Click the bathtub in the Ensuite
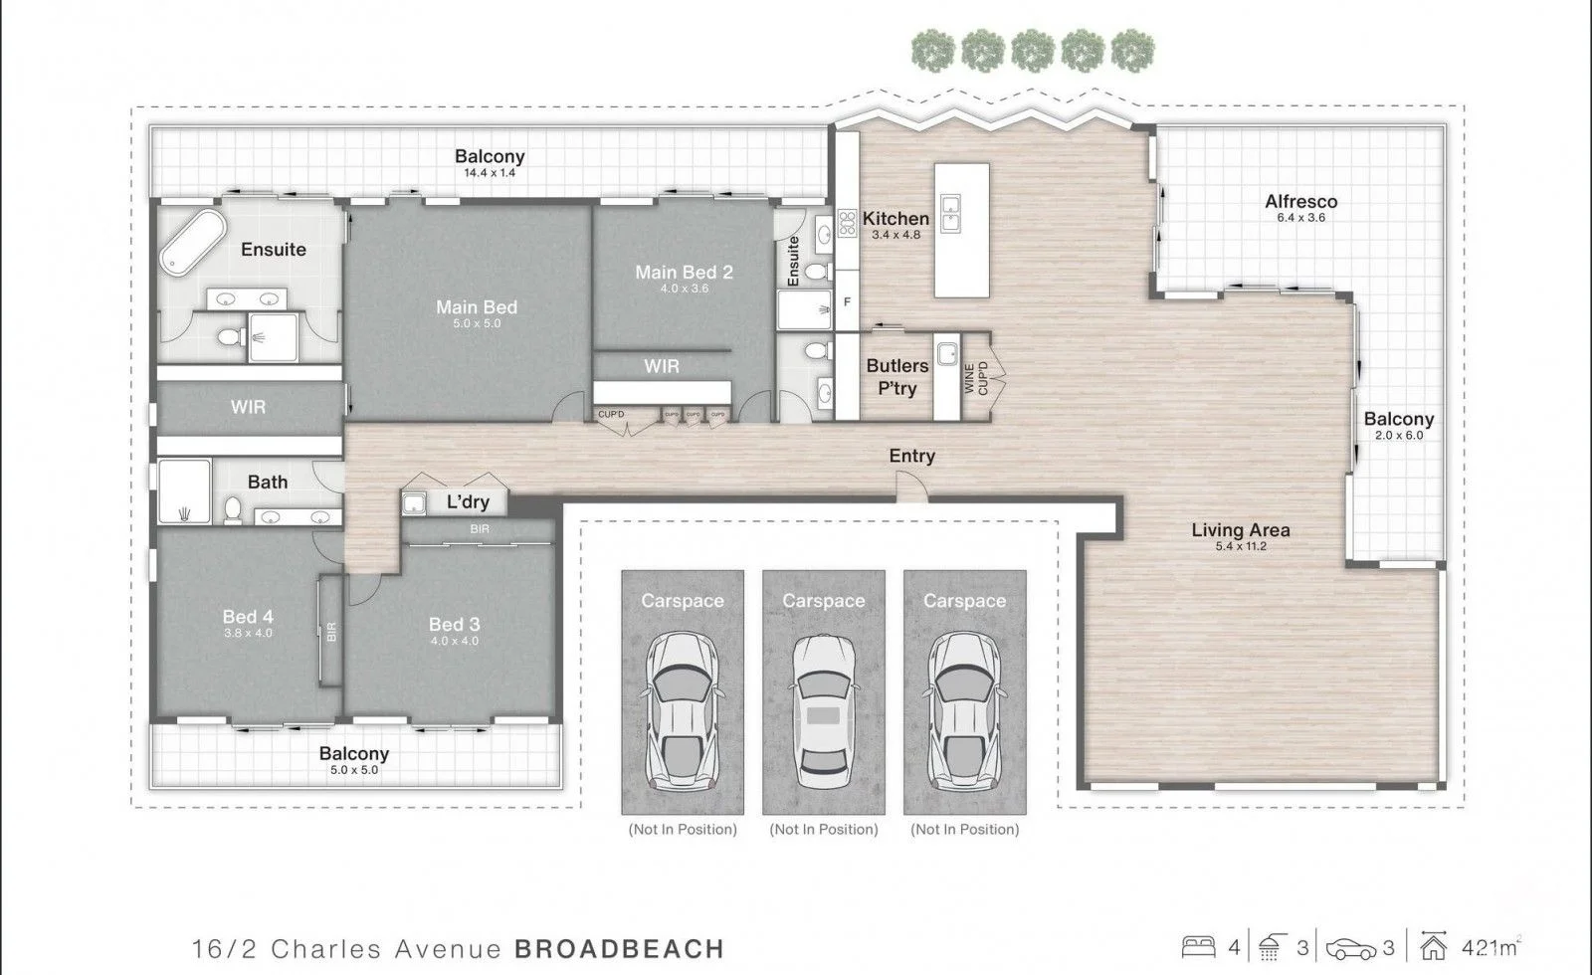coord(193,242)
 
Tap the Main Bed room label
coord(477,307)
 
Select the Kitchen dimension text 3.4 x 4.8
coord(895,235)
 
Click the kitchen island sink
coord(950,213)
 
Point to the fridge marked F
coord(847,301)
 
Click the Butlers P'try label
coord(896,377)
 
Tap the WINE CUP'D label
coord(976,378)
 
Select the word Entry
coord(911,456)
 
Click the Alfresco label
coord(1300,201)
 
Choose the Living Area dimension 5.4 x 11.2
coord(1241,546)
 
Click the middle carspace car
coord(824,711)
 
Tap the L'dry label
coord(468,501)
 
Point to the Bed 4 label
coord(248,616)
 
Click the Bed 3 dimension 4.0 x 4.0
coord(454,641)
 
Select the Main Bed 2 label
coord(684,273)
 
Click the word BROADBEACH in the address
coord(619,949)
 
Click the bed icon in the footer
coord(1198,946)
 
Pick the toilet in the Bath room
coord(233,509)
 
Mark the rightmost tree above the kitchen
coord(1133,51)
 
